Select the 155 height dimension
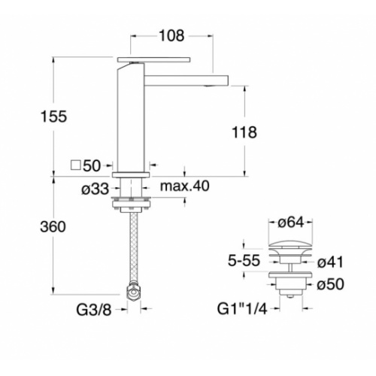pyautogui.click(x=54, y=117)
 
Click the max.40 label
pyautogui.click(x=186, y=186)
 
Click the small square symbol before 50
pyautogui.click(x=74, y=164)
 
